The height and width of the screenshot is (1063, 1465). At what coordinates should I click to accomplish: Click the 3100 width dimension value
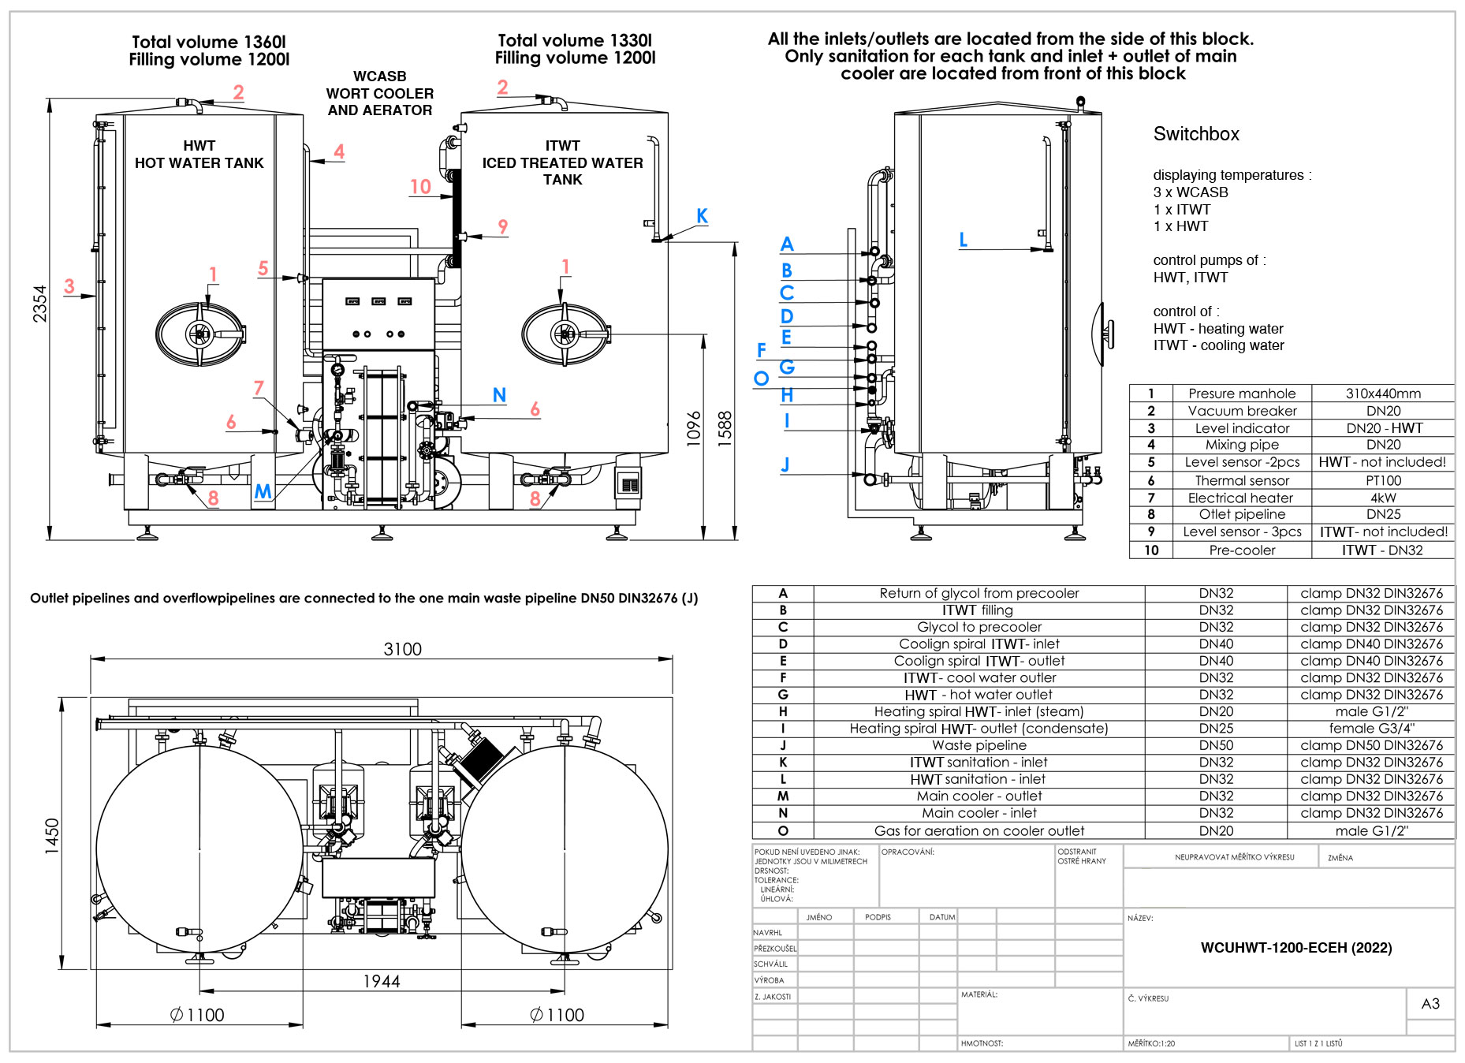402,649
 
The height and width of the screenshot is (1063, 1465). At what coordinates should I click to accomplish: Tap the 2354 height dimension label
39,304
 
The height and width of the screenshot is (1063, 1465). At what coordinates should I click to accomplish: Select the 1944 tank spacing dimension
381,981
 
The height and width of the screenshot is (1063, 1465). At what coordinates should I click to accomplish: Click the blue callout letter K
702,216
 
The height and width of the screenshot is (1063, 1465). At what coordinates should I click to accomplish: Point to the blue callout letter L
963,240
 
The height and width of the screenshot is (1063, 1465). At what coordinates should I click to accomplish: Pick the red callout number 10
420,187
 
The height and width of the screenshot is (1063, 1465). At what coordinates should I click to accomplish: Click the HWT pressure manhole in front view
199,334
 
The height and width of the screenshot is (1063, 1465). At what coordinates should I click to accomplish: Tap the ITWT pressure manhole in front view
565,334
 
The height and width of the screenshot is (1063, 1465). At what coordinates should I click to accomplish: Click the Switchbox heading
1196,134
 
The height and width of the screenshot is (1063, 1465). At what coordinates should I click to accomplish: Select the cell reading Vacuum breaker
1242,411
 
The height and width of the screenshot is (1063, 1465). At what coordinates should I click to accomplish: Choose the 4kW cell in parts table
1383,498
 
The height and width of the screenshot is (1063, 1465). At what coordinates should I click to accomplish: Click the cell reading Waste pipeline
979,745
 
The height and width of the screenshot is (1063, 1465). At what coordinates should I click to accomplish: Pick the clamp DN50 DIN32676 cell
1371,745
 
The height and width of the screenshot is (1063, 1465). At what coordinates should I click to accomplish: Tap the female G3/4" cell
1371,729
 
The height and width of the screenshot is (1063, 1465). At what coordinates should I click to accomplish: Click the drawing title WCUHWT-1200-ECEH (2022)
1295,948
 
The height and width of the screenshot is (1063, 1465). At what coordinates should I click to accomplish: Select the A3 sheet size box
1430,1004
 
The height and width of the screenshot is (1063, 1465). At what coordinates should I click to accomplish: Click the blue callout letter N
499,395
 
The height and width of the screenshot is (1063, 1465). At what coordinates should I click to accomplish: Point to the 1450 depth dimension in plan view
52,835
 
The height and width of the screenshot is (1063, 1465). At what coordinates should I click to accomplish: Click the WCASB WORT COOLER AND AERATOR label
380,93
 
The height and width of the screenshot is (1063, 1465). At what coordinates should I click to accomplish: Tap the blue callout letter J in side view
785,464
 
